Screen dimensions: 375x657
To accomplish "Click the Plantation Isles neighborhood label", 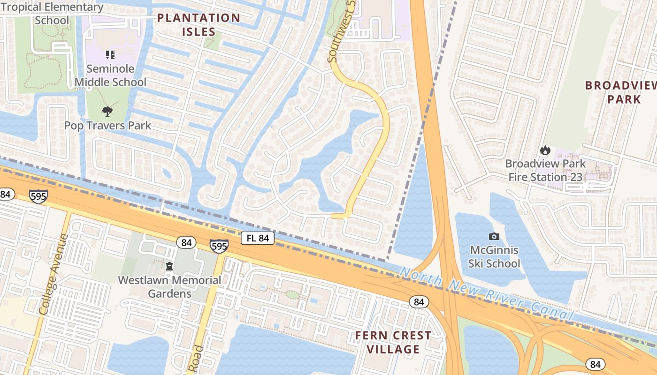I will pyautogui.click(x=199, y=25).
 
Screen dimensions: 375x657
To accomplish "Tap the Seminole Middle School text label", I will pyautogui.click(x=111, y=75).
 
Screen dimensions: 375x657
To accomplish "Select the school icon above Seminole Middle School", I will pyautogui.click(x=110, y=55).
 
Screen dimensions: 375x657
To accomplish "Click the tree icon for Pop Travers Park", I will pyautogui.click(x=107, y=112).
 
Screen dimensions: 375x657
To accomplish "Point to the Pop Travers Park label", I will pyautogui.click(x=107, y=126).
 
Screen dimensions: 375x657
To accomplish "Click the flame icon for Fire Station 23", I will pyautogui.click(x=545, y=150).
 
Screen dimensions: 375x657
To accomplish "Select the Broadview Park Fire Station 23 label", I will pyautogui.click(x=545, y=170).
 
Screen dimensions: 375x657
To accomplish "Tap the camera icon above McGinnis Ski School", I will pyautogui.click(x=494, y=236).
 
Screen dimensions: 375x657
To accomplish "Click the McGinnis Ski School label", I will pyautogui.click(x=494, y=256).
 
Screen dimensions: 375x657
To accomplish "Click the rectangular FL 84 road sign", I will pyautogui.click(x=258, y=238).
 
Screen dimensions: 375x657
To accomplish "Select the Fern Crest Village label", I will pyautogui.click(x=393, y=342).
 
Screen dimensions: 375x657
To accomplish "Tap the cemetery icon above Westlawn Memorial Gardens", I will pyautogui.click(x=169, y=266).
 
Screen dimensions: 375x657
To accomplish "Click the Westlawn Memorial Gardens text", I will pyautogui.click(x=169, y=287).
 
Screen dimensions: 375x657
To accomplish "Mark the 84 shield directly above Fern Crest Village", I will pyautogui.click(x=419, y=302).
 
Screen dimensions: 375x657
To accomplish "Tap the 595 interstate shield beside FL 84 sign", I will pyautogui.click(x=219, y=246).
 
